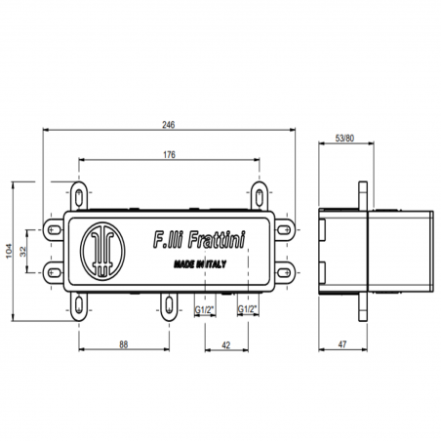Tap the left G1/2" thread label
point(204,310)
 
